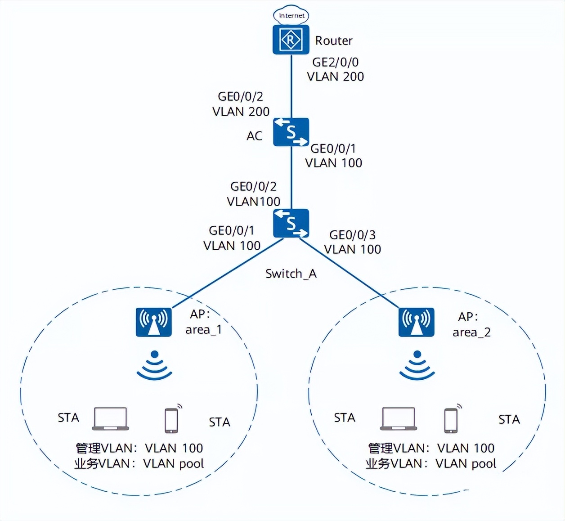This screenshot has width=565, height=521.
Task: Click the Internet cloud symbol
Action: (291, 15)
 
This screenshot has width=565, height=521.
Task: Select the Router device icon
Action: (291, 40)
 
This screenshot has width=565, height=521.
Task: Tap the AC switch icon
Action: (291, 132)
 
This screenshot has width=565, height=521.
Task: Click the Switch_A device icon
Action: (291, 223)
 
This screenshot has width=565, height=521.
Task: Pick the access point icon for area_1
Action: (154, 322)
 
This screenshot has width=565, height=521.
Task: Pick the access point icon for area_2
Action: (417, 322)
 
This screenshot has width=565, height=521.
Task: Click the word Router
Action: (333, 40)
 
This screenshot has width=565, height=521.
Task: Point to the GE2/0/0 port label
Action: (335, 62)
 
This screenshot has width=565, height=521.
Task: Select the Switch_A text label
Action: (291, 274)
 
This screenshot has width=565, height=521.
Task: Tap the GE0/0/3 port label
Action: (352, 235)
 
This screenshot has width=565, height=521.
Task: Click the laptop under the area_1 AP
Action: (111, 419)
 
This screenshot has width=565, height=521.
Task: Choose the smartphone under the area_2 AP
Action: (451, 420)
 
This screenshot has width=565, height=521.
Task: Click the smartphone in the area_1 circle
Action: (171, 420)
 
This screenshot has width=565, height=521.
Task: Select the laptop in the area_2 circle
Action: (399, 419)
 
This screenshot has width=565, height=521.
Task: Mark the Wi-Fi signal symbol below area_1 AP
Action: (154, 365)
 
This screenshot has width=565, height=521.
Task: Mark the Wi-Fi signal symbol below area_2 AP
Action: (417, 365)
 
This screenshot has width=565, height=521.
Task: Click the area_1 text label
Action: (204, 330)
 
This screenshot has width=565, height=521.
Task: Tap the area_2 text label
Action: (471, 332)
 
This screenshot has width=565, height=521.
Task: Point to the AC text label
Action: (254, 136)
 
